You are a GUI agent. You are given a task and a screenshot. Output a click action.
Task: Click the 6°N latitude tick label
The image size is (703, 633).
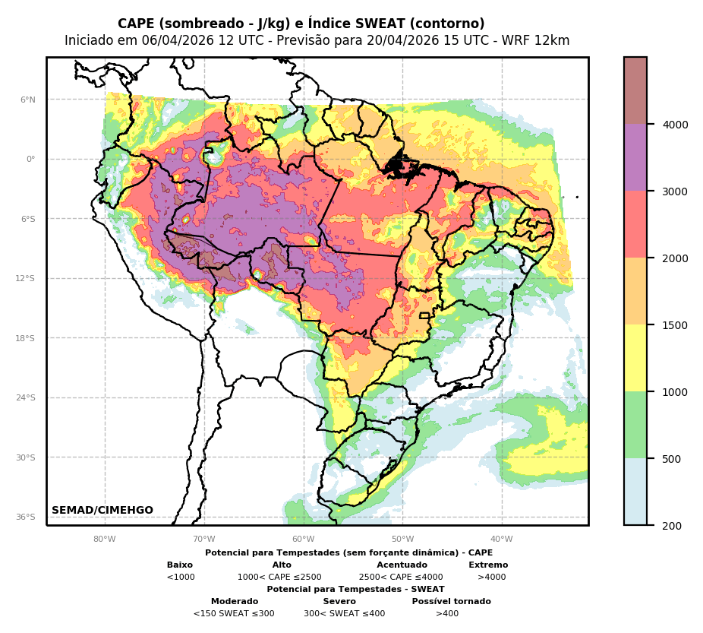point(27,100)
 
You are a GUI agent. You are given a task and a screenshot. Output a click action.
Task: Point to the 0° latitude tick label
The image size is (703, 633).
point(30,160)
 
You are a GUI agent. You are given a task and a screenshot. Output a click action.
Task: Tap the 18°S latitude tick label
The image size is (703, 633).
point(25,338)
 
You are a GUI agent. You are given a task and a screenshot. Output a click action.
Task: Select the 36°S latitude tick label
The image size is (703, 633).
point(25,517)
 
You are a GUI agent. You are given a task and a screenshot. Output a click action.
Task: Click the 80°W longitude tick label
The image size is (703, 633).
point(105,540)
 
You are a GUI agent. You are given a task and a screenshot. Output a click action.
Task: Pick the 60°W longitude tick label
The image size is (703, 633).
point(303,540)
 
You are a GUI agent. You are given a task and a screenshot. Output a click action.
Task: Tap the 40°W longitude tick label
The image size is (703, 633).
point(501,540)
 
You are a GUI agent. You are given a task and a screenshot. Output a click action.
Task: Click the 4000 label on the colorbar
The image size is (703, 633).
point(676,125)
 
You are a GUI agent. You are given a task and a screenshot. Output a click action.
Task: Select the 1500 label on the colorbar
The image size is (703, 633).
point(676,325)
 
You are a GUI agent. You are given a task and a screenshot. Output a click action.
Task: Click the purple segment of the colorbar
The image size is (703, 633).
point(635,157)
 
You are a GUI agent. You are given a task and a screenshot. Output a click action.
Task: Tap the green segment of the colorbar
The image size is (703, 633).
point(635,425)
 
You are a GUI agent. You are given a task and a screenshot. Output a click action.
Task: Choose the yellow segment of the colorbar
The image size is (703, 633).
point(635,358)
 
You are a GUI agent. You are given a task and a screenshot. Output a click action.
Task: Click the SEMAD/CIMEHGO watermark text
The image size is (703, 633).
point(102,511)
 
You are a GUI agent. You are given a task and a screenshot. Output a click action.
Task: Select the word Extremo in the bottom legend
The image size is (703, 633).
point(488,565)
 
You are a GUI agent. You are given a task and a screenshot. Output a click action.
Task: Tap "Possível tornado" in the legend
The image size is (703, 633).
point(451,602)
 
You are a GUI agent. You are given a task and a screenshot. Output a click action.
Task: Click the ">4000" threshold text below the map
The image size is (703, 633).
point(491,578)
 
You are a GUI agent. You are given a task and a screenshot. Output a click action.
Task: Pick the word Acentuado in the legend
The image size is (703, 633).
point(402,565)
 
